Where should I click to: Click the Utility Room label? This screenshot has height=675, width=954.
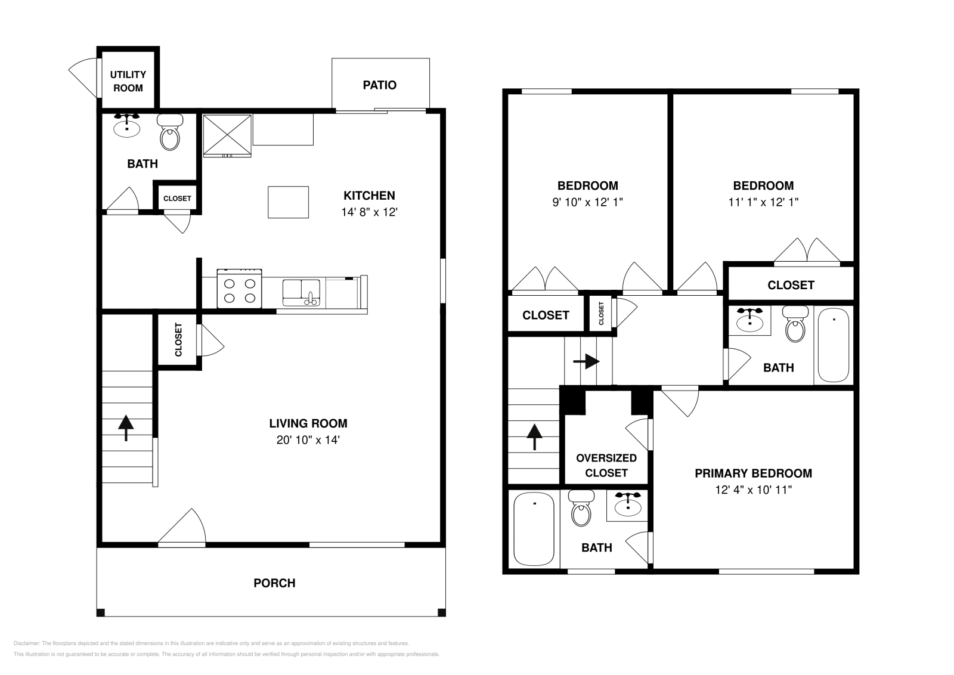[128, 81]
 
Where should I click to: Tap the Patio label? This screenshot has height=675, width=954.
[379, 85]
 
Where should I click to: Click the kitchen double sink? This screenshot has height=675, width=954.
[301, 292]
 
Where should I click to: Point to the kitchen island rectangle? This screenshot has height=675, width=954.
[288, 202]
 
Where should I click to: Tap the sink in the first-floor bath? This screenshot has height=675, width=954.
[127, 126]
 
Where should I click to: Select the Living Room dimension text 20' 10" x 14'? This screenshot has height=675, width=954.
[308, 440]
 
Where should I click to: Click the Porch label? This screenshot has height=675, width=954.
[274, 583]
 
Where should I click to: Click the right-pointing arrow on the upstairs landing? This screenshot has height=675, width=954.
[587, 361]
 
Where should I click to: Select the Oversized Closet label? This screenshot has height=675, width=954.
[606, 465]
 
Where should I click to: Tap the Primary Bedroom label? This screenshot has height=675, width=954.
[753, 473]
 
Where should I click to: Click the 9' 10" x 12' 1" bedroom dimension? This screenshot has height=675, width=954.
[587, 202]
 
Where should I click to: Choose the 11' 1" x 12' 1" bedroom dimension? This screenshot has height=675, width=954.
[763, 202]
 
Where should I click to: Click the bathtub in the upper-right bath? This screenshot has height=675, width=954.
[833, 344]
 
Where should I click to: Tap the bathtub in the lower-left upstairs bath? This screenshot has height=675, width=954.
[534, 528]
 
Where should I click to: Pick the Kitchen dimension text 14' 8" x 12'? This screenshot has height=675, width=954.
[369, 212]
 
